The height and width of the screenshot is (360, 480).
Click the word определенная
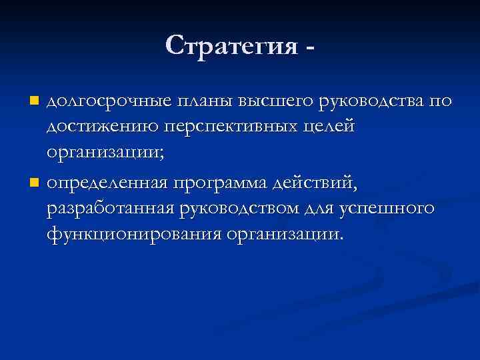[107, 181]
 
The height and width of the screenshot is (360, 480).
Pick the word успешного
[388, 208]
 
